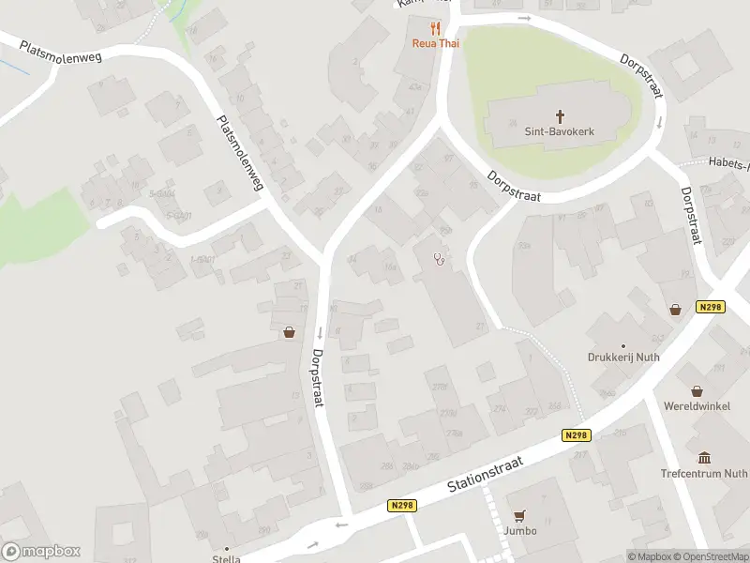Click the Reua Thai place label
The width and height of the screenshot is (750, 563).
(x=435, y=43)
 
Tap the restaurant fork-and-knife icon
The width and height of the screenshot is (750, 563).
(x=435, y=28)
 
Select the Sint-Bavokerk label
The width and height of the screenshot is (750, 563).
(x=560, y=132)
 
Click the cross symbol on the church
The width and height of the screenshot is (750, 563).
(x=561, y=116)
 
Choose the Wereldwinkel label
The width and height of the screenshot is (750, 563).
(x=697, y=407)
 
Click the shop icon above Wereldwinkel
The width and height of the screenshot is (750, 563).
(x=697, y=390)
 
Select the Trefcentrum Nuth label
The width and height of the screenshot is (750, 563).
(x=703, y=474)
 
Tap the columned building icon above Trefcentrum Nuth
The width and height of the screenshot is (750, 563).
(x=704, y=458)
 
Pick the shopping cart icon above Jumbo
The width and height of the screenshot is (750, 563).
(x=518, y=515)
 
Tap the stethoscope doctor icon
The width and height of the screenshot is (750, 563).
(x=437, y=260)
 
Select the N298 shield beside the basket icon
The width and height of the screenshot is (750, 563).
(x=710, y=307)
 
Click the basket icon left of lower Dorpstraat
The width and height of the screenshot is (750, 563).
(x=289, y=331)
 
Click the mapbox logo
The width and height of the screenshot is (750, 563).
(x=41, y=552)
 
